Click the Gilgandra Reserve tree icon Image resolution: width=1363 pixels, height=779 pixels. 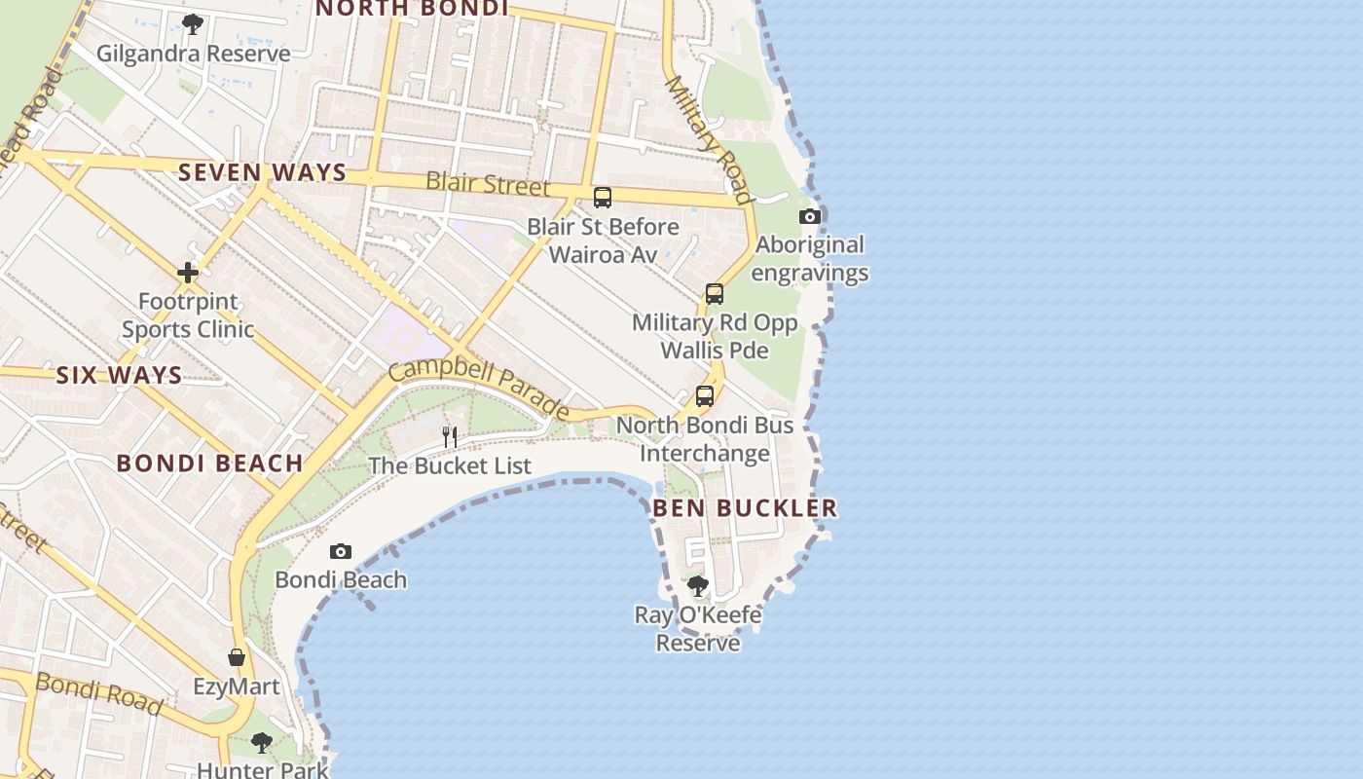(x=193, y=23)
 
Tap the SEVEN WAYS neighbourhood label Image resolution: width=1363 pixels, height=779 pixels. (x=262, y=172)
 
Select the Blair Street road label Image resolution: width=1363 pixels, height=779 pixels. (x=488, y=183)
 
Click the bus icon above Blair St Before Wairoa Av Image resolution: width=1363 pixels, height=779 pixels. (x=603, y=198)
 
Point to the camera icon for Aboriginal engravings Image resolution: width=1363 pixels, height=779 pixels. (x=809, y=216)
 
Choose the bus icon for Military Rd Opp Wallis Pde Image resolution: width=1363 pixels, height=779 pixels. (x=715, y=294)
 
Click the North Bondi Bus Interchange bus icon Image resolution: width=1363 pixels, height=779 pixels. (x=705, y=396)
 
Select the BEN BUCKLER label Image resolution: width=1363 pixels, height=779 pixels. (x=745, y=507)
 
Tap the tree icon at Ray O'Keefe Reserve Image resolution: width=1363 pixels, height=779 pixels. (x=698, y=586)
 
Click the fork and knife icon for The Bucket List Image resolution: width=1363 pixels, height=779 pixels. (x=450, y=436)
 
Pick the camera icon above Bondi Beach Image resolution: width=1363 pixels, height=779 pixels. (x=340, y=551)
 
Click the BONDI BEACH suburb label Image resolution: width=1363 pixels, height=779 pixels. (x=209, y=463)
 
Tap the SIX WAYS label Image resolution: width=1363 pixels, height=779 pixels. (x=119, y=375)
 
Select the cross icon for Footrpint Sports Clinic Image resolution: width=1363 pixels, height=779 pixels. (x=188, y=273)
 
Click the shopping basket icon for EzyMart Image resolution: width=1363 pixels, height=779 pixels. (x=237, y=657)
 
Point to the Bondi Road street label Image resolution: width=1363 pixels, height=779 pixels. (x=98, y=692)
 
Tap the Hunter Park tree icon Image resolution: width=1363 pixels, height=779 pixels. (x=261, y=743)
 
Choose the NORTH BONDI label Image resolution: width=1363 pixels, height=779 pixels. (x=412, y=8)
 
